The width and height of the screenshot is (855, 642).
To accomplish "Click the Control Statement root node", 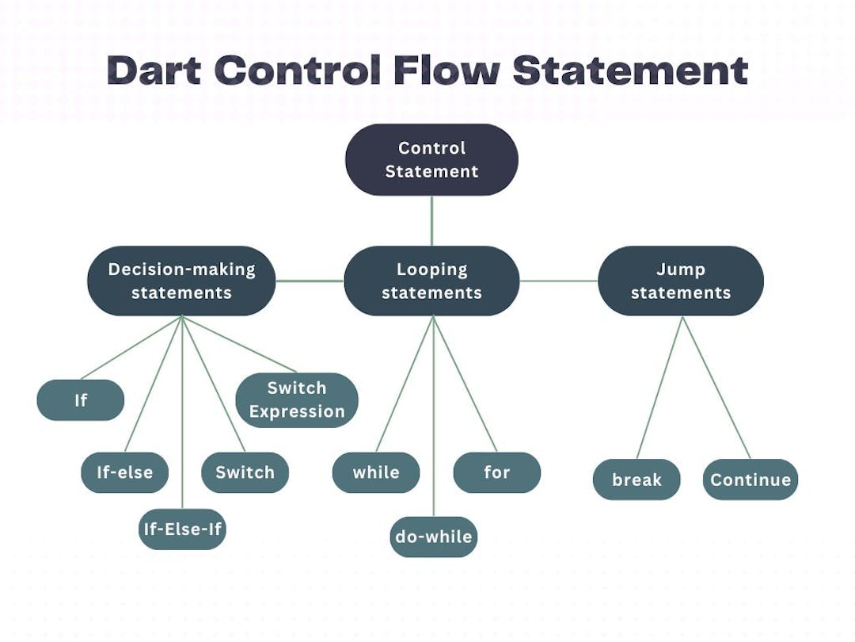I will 431,159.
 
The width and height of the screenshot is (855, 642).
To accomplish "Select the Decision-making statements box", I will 181,281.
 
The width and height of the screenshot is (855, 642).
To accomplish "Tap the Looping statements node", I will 431,281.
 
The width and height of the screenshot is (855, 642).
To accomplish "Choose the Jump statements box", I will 681,281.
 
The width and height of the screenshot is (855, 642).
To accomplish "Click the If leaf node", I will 81,400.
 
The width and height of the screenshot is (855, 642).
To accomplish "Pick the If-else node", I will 125,472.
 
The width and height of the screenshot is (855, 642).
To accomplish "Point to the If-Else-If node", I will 182,529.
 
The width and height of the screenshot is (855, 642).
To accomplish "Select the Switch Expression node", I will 297,400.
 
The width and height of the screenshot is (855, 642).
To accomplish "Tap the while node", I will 376,472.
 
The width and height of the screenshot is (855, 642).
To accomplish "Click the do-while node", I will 434,537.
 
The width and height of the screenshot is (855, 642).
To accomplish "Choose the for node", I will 496,472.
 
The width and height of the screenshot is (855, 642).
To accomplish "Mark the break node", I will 636,480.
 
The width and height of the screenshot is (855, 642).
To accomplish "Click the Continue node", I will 750,480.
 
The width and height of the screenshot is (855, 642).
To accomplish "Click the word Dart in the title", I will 155,71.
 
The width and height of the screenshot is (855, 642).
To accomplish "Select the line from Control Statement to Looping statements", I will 431,220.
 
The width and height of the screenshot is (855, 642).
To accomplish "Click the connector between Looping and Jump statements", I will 558,281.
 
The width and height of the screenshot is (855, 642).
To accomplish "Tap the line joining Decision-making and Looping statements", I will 310,281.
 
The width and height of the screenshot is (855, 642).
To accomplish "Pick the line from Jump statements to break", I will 659,388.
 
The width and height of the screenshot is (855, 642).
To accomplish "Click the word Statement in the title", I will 629,71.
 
